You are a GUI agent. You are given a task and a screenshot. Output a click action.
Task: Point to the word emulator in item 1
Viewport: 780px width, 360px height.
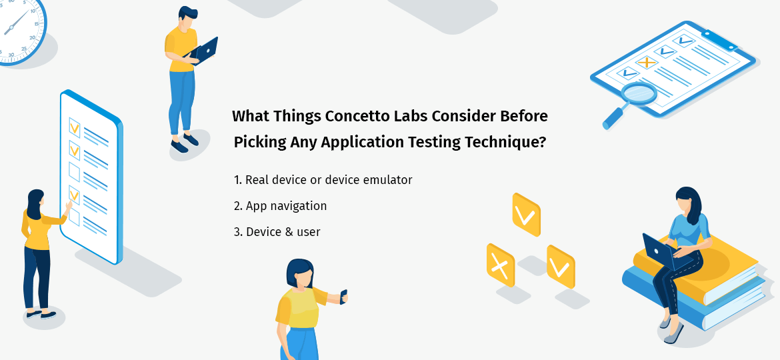(387, 180)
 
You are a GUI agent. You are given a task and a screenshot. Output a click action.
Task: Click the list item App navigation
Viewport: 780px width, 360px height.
(280, 206)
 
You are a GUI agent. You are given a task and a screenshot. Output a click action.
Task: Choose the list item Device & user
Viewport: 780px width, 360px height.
(277, 232)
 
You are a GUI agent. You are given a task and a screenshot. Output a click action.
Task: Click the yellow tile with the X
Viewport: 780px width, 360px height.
(500, 265)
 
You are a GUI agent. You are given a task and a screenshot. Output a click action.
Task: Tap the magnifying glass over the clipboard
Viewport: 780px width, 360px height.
(637, 93)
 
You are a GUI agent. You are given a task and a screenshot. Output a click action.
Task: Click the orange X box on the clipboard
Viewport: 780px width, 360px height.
(645, 63)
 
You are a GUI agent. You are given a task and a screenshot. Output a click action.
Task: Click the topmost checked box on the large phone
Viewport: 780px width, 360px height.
(75, 126)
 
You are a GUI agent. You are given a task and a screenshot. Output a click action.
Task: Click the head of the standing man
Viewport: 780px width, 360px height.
(187, 18)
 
